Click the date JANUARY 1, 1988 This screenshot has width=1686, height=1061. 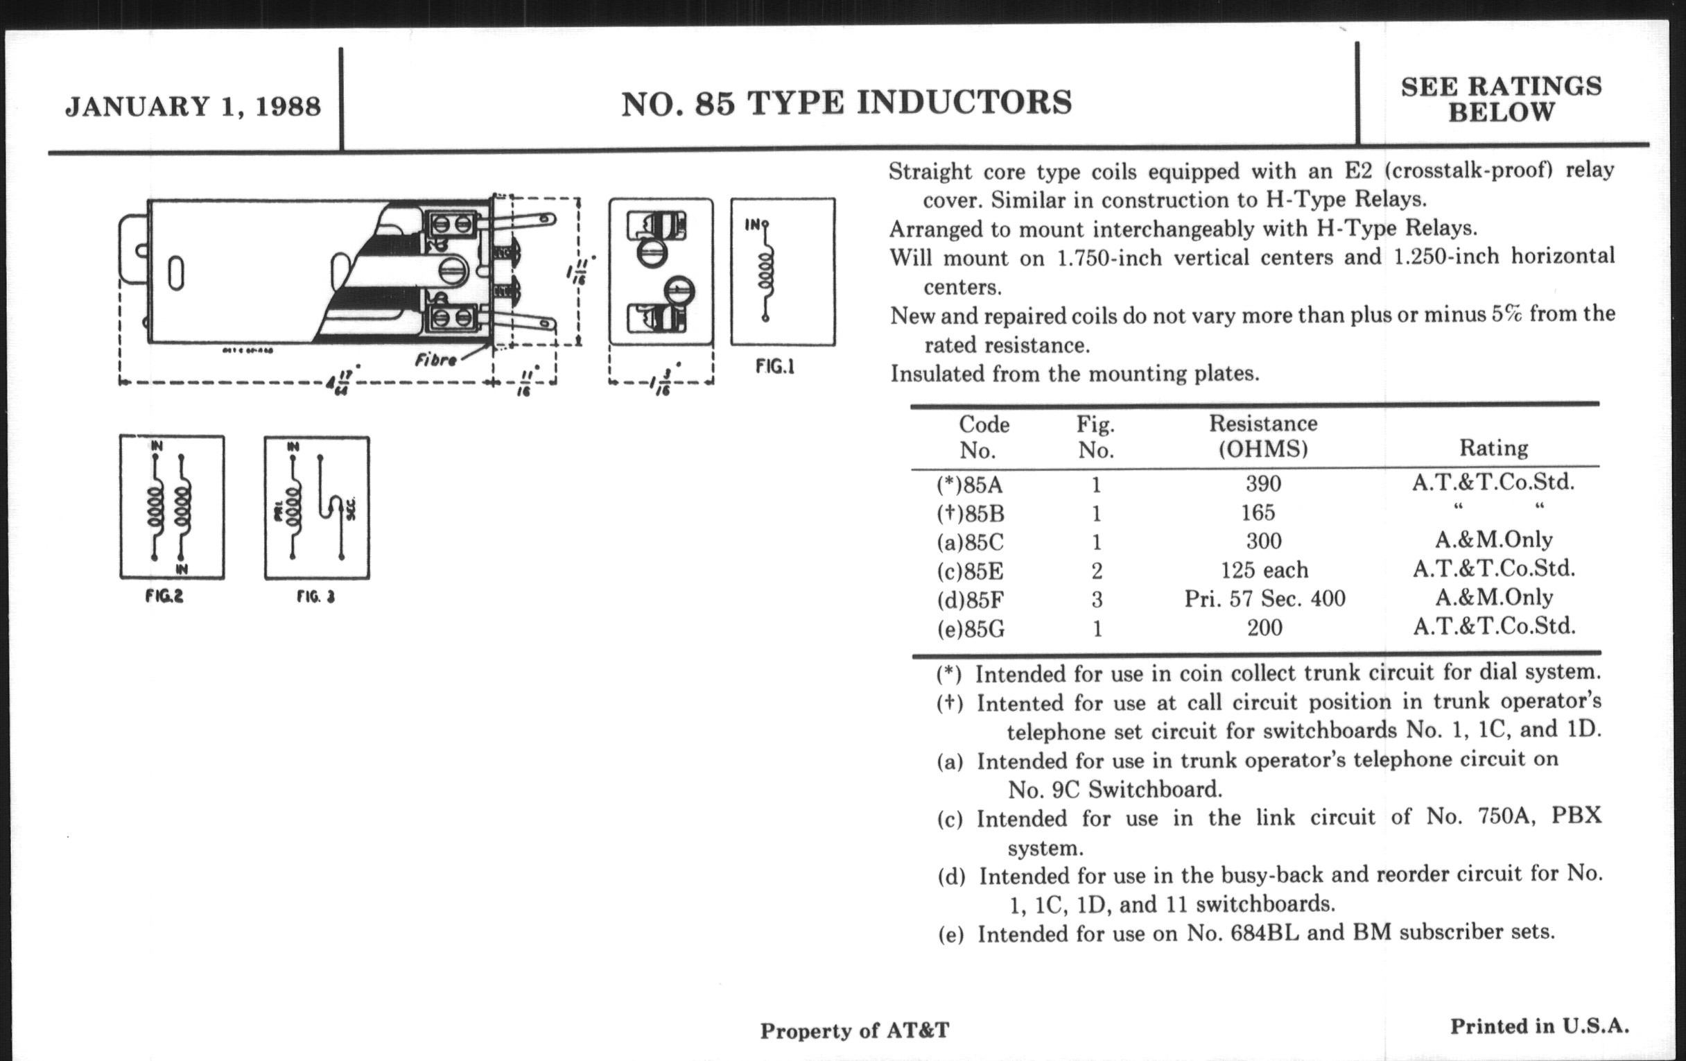(193, 107)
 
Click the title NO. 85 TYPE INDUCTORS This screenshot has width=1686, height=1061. (846, 103)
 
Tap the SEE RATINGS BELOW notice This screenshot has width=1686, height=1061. (1501, 98)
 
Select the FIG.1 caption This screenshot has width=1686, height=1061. (774, 366)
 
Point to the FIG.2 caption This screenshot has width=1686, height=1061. (164, 596)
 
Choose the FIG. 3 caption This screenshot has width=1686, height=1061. (315, 596)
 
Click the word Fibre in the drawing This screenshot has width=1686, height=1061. (435, 360)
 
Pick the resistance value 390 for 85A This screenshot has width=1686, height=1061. (1263, 483)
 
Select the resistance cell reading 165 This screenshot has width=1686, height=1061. (1258, 512)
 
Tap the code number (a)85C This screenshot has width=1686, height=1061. (970, 542)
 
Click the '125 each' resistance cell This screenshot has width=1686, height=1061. (1264, 570)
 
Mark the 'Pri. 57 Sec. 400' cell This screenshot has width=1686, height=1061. (1264, 598)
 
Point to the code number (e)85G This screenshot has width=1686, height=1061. (971, 629)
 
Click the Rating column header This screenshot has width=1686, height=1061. (1493, 447)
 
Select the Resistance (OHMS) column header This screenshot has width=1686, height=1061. (1263, 435)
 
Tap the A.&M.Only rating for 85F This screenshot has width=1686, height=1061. (1493, 596)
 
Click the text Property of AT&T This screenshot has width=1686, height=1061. (854, 1030)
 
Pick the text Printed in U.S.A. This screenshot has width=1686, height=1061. (1539, 1026)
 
